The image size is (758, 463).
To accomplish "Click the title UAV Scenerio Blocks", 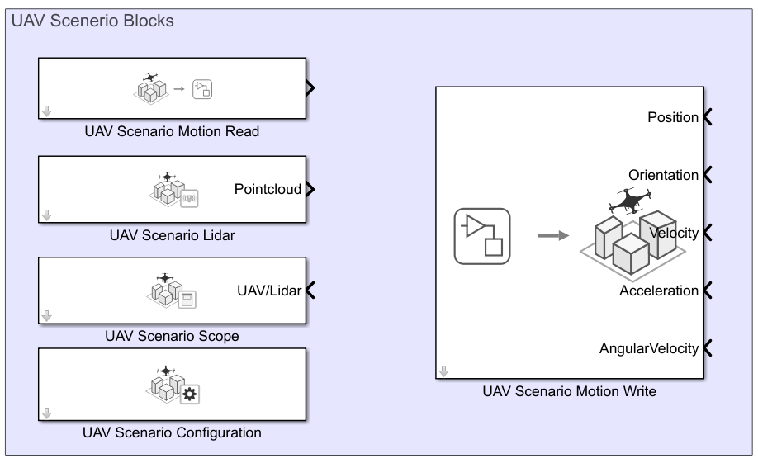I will pyautogui.click(x=92, y=21).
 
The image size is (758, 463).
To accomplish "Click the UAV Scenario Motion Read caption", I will pyautogui.click(x=172, y=132).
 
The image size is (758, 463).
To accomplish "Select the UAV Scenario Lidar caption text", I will pyautogui.click(x=172, y=235).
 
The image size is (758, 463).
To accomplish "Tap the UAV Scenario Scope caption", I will pyautogui.click(x=172, y=336).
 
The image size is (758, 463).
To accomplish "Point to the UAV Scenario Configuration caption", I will pyautogui.click(x=172, y=432).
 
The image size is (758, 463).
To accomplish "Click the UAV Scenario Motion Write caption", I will pyautogui.click(x=570, y=391).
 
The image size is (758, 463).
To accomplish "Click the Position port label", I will pyautogui.click(x=673, y=117).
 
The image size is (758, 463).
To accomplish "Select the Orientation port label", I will pyautogui.click(x=663, y=175).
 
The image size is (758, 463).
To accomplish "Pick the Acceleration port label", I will pyautogui.click(x=659, y=291).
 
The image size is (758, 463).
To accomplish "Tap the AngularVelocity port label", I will pyautogui.click(x=649, y=348).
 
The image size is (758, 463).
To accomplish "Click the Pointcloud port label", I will pyautogui.click(x=268, y=189).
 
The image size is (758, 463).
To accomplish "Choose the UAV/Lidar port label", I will pyautogui.click(x=269, y=291).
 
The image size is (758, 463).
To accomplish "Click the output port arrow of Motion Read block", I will pyautogui.click(x=310, y=88).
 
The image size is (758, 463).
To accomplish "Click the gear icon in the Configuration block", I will pyautogui.click(x=190, y=394).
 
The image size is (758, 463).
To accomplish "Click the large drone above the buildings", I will pyautogui.click(x=630, y=199).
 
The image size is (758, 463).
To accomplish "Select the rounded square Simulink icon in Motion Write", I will pyautogui.click(x=482, y=236).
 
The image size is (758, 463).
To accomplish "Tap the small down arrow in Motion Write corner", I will pyautogui.click(x=444, y=371).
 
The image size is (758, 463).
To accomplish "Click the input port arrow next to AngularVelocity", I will pyautogui.click(x=707, y=348).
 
